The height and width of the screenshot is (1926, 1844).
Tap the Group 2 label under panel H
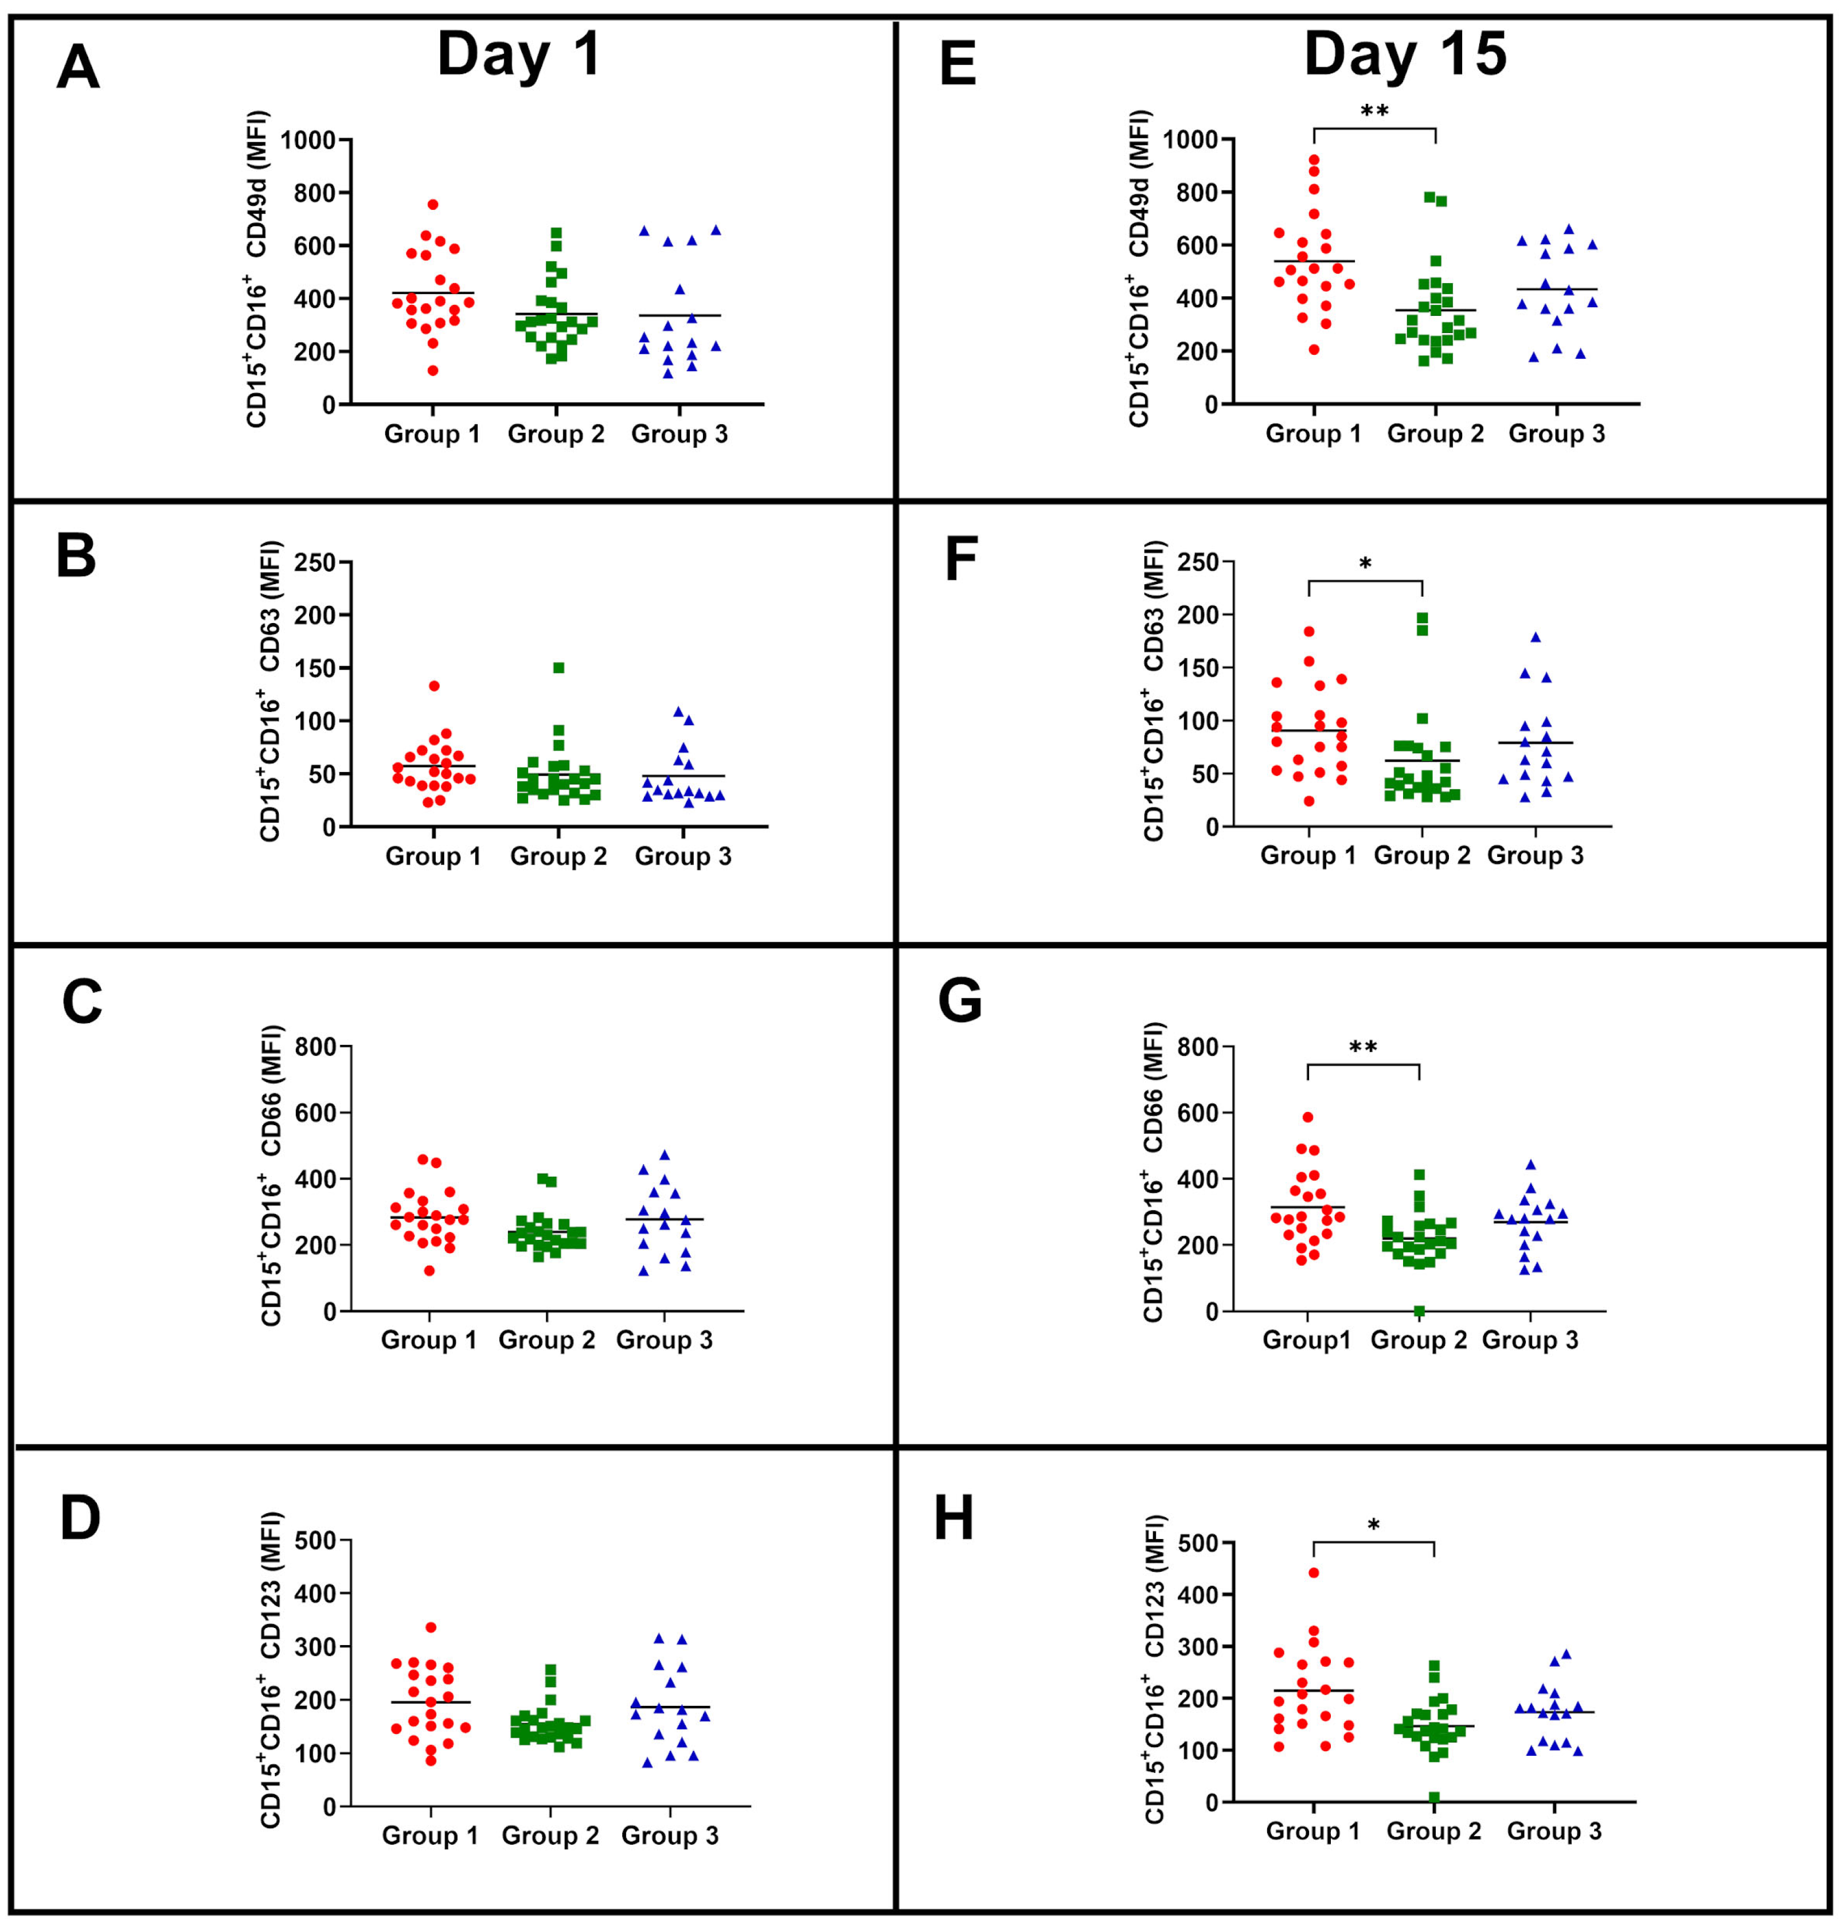pyautogui.click(x=1433, y=1831)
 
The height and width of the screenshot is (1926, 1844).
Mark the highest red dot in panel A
pyautogui.click(x=432, y=205)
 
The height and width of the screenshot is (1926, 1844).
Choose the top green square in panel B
pyautogui.click(x=558, y=668)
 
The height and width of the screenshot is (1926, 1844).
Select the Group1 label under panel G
pyautogui.click(x=1306, y=1340)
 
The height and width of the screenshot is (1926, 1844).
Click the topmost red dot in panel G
pyautogui.click(x=1308, y=1117)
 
